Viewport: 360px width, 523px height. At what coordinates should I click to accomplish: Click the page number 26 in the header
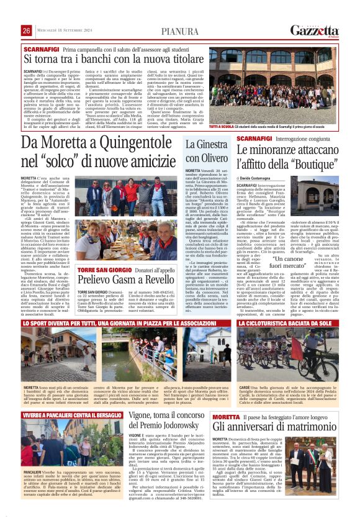27,31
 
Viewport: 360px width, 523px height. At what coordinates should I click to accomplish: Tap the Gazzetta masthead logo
315,30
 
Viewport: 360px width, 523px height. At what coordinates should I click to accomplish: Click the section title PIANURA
180,31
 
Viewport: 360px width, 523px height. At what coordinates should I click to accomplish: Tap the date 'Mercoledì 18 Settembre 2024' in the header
61,31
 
